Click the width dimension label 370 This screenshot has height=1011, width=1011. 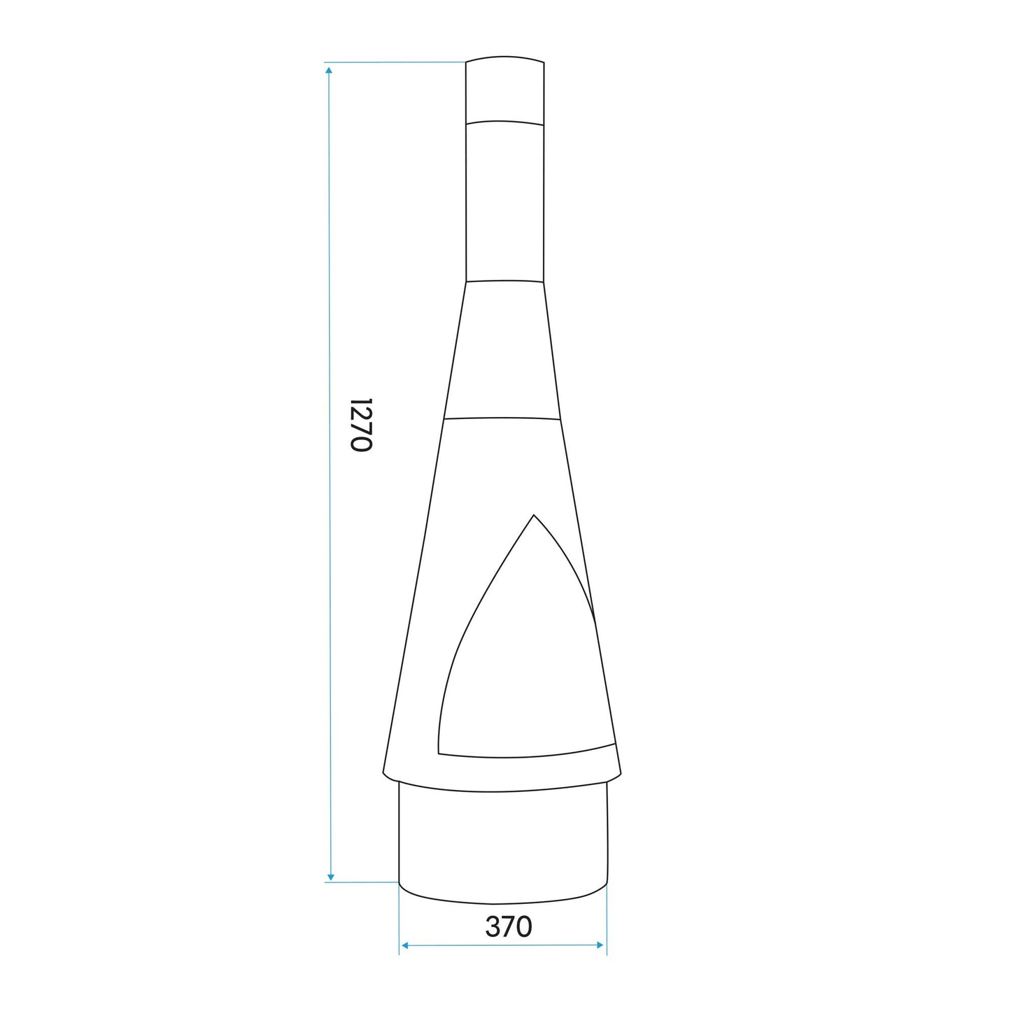[509, 926]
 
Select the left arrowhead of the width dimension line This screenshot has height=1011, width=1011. [404, 945]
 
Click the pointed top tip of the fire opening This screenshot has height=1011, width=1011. [534, 516]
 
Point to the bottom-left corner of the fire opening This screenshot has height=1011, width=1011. [439, 753]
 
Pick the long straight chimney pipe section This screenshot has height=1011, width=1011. [504, 203]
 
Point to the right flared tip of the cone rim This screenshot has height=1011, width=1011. [619, 773]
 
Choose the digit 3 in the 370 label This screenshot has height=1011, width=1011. [493, 926]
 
